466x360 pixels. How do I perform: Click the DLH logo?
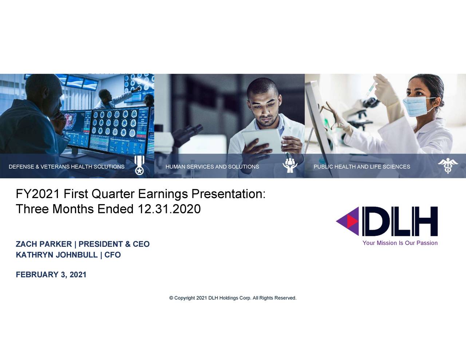(387, 221)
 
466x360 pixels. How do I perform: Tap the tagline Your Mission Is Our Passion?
(400, 243)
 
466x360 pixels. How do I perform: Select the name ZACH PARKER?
(44, 244)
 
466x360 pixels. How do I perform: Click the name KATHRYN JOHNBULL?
(56, 255)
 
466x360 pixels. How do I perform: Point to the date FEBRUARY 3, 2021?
(51, 275)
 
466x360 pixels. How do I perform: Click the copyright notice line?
(233, 298)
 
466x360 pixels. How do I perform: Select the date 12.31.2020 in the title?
(169, 209)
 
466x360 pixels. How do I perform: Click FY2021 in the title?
(37, 194)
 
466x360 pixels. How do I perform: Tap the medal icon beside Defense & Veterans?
(139, 166)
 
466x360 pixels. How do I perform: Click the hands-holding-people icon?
(290, 166)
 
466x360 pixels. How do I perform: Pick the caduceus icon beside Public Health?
(447, 166)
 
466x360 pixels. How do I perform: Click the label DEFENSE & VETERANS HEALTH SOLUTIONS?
(67, 167)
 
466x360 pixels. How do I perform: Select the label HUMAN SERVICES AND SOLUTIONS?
(212, 167)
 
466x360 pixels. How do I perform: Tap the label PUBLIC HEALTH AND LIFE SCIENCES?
(362, 167)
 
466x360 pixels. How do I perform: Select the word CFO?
(112, 255)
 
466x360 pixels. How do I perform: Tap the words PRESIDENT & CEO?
(114, 244)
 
